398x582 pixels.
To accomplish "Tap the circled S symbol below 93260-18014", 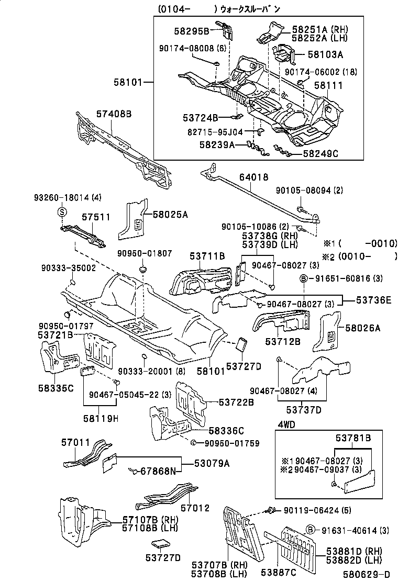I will (61, 212).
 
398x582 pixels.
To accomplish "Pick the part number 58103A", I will (325, 54).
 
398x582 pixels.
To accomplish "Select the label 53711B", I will (207, 256).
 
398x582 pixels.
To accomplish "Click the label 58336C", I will (226, 431).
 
